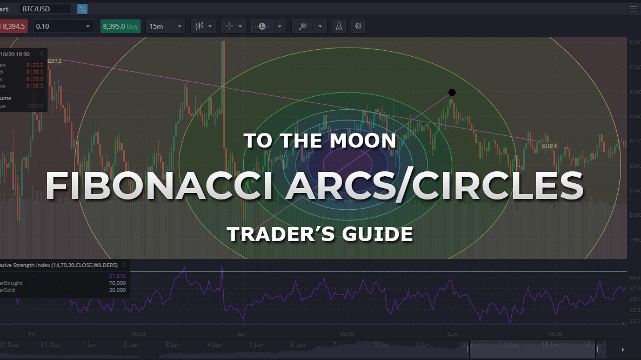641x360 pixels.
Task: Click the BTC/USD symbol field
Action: point(45,9)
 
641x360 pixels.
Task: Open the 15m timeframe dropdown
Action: point(165,26)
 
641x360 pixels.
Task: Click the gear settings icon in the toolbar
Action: point(358,26)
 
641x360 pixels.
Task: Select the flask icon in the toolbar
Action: point(339,26)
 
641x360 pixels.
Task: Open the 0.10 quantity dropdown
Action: point(63,26)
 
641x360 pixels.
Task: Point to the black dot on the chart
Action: point(452,92)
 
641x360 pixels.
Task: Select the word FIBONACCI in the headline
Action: point(152,186)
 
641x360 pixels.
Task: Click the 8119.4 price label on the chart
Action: point(549,146)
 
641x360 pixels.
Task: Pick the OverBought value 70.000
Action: point(117,283)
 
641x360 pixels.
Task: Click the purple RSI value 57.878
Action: point(117,276)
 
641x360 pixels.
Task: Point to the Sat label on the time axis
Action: point(241,334)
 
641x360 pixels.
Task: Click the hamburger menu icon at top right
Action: point(633,9)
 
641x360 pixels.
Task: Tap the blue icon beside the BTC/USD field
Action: point(82,9)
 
